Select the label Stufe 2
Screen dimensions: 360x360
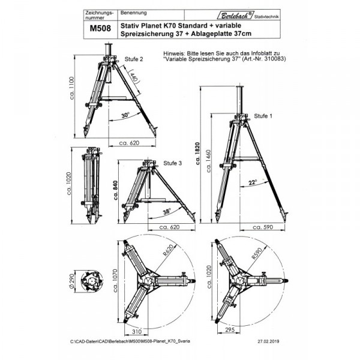(x=133, y=59)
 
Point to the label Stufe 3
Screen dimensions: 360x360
(x=172, y=164)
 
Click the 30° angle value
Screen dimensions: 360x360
(x=125, y=115)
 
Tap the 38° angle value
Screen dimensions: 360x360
(x=166, y=211)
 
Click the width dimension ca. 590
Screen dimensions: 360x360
(x=263, y=228)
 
